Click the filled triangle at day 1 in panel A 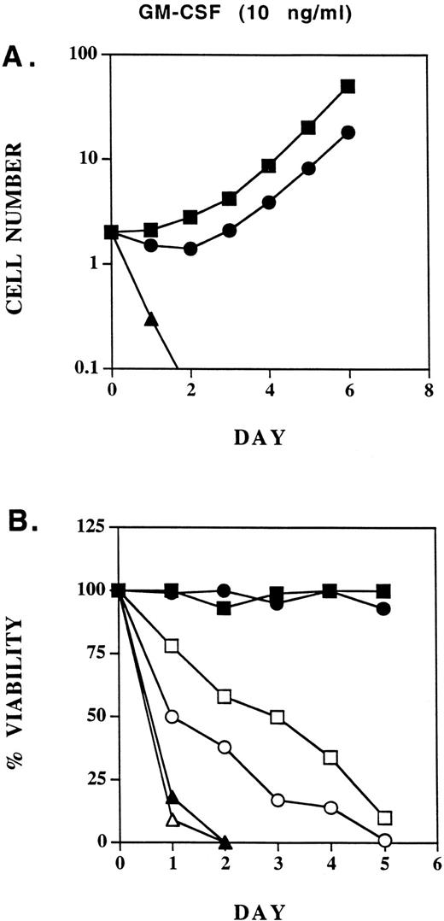[151, 320]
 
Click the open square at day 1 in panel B [172, 646]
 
